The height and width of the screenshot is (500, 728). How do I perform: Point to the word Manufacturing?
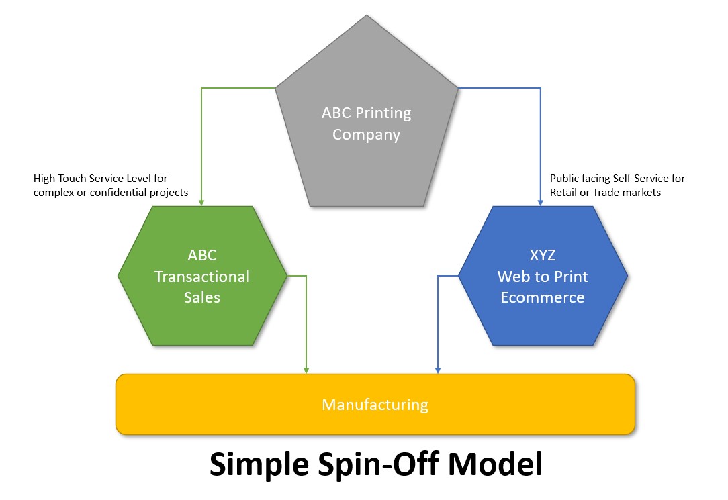[375, 405]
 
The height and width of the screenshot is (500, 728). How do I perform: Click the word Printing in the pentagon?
[383, 113]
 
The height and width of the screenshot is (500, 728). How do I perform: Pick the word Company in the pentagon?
[367, 134]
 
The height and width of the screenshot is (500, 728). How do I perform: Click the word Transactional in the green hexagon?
[202, 277]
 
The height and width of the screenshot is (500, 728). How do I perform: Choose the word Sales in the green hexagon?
[202, 297]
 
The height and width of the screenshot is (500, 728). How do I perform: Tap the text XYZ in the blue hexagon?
[543, 256]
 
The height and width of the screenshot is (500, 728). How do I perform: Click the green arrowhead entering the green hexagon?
[202, 202]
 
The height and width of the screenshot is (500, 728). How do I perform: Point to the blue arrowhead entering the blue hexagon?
[541, 202]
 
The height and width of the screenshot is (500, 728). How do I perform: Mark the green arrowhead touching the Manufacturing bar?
[306, 370]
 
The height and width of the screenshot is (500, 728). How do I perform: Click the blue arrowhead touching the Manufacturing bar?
[439, 370]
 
